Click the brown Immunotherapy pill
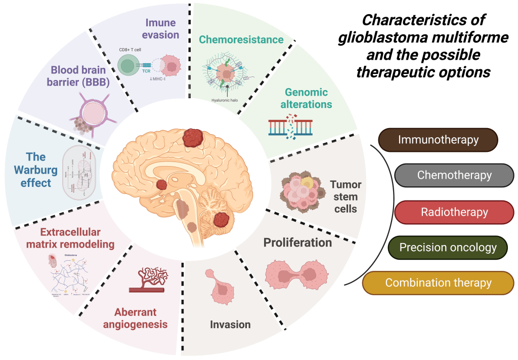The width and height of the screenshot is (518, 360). coord(438,140)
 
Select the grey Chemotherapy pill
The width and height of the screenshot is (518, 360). coord(454,176)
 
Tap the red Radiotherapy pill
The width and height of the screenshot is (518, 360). coord(454,212)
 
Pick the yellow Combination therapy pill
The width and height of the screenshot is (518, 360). coord(438,283)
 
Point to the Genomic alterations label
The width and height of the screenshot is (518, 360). coord(306,98)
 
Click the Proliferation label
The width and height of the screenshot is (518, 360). coord(297,243)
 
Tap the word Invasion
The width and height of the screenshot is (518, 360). coord(230,324)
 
